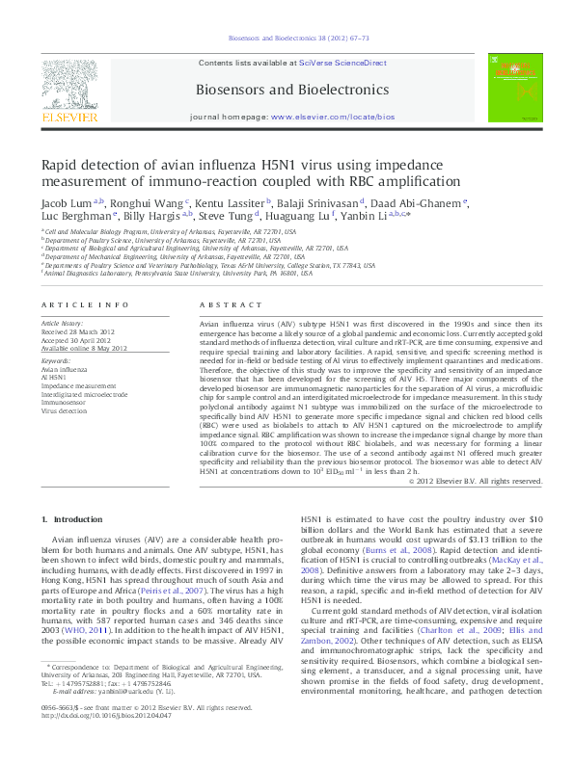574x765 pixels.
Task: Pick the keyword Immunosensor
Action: point(68,402)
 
